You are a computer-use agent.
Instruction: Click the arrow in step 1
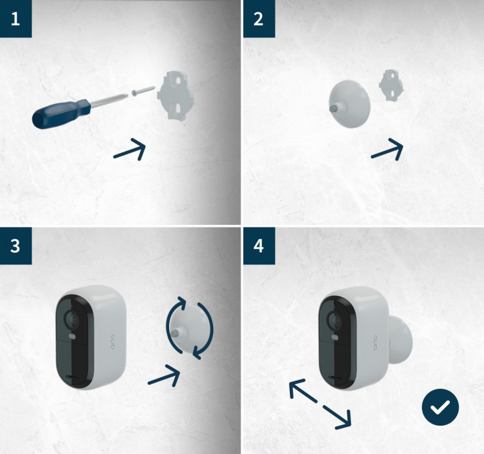point(130,150)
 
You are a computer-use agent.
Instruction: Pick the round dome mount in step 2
point(351,104)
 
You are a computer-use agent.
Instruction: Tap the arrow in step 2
point(388,150)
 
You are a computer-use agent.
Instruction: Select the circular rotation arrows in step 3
point(188,327)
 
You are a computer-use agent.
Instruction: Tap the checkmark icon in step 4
point(440,408)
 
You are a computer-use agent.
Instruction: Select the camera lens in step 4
point(335,319)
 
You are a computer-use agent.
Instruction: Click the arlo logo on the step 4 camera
point(374,342)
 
